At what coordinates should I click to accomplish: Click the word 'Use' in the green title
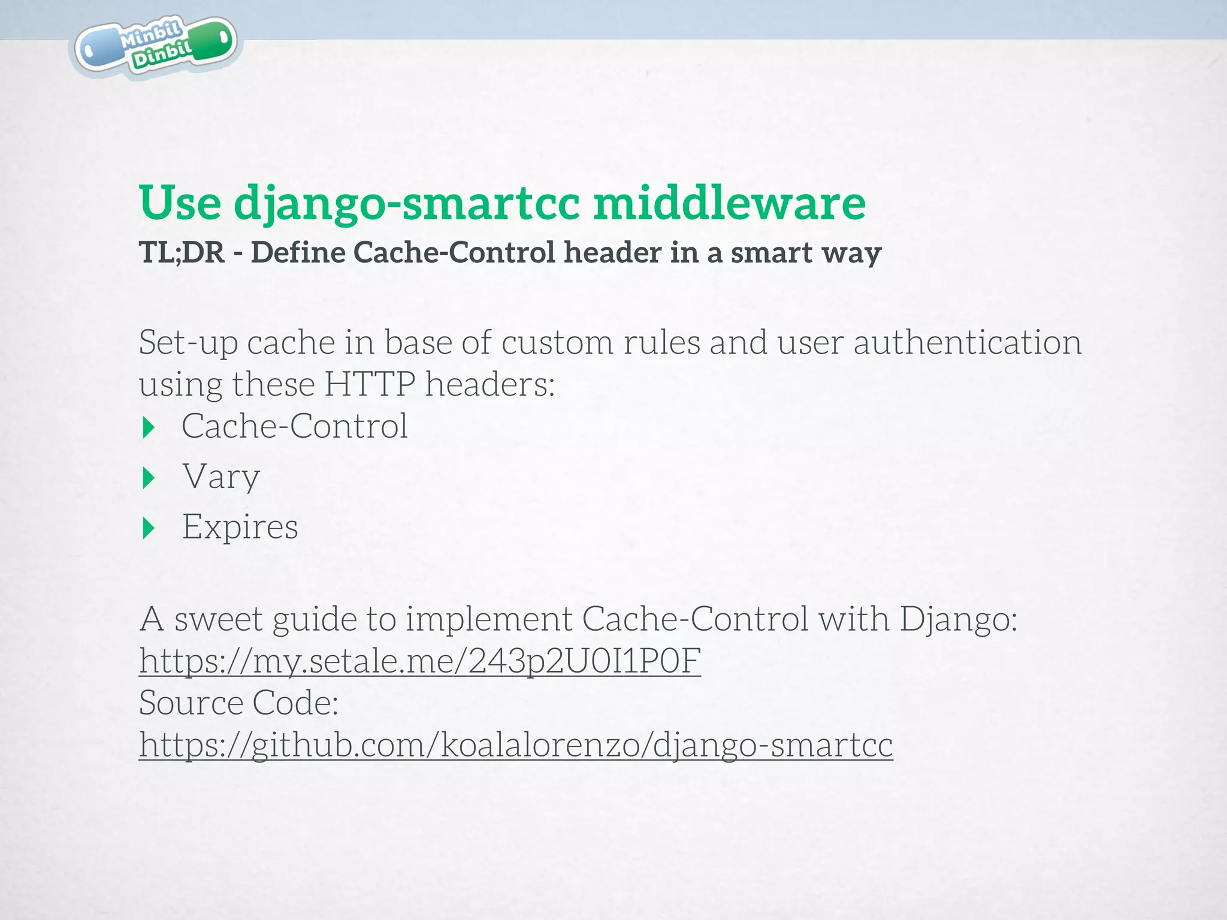180,203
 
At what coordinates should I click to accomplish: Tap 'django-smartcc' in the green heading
407,203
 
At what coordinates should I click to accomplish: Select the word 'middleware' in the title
730,203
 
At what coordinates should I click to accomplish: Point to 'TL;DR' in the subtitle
182,253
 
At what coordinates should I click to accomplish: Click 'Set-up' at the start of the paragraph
188,343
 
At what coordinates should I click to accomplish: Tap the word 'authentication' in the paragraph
967,343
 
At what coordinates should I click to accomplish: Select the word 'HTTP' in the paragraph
370,384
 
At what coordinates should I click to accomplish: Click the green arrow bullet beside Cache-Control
149,428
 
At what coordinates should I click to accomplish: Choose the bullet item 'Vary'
221,477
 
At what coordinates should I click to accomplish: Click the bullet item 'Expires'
240,527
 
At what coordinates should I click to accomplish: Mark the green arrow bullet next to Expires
149,528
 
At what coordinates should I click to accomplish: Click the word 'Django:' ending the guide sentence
958,619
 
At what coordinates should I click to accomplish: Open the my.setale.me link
419,661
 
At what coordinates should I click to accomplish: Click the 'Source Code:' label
238,703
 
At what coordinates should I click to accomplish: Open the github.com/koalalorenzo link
515,745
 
